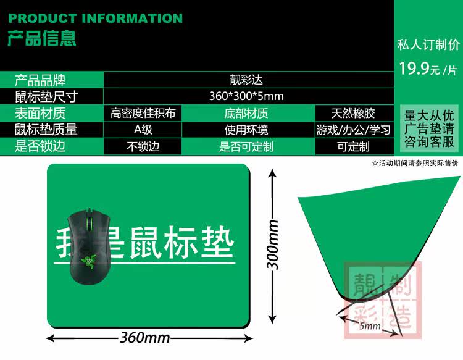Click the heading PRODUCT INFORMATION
click(x=96, y=18)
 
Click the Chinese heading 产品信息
click(x=42, y=38)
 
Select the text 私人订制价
click(x=428, y=44)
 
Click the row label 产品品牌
click(x=40, y=80)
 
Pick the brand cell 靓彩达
click(x=246, y=80)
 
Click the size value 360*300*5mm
click(x=246, y=96)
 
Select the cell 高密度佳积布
click(x=143, y=113)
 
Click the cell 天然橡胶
click(x=353, y=113)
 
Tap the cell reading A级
click(x=143, y=130)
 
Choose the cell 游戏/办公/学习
click(x=353, y=130)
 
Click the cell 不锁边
click(x=143, y=147)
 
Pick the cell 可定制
click(x=353, y=147)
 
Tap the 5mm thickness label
click(x=369, y=325)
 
